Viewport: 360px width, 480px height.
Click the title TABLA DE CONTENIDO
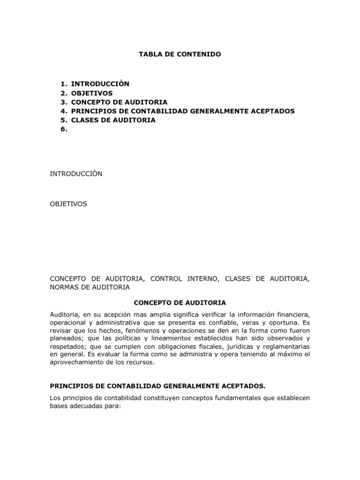180,54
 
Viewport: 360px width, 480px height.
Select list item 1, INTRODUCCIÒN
100,83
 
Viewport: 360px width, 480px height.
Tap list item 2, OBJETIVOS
92,93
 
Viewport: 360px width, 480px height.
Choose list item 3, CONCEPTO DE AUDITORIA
119,102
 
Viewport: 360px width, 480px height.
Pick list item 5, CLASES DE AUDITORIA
113,120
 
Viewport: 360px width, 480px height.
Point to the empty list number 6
64,129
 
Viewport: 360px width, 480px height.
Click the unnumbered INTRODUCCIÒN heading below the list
76,174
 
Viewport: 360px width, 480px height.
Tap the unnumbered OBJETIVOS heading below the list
68,204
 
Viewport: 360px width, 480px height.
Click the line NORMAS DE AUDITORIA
90,287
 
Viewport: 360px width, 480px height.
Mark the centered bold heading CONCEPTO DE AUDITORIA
180,302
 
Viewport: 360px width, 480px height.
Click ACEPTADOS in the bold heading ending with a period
242,386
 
